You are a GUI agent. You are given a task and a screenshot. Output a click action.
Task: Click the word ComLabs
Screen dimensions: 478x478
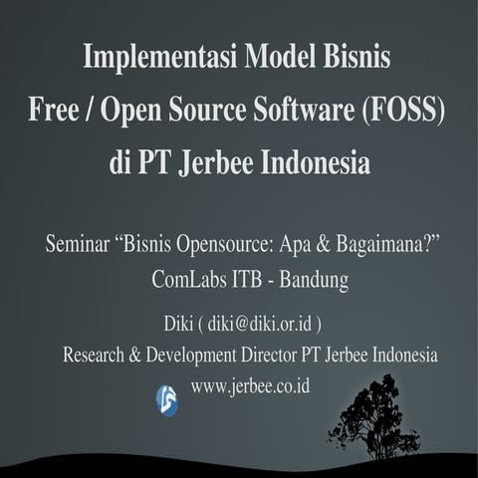189,280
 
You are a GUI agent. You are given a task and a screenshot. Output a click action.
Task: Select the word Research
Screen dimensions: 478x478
97,355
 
